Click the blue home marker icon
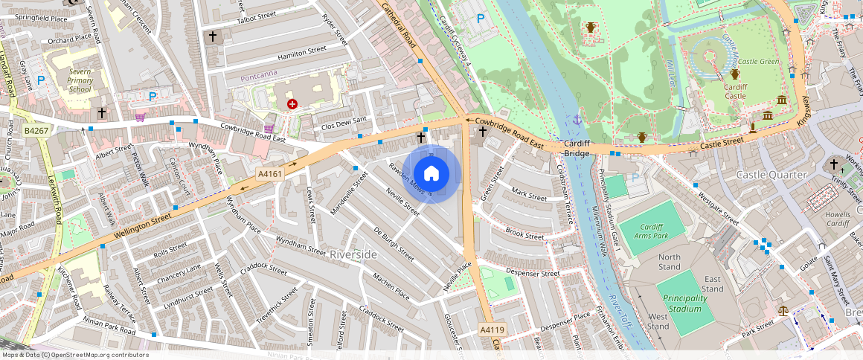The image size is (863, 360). pos(431,174)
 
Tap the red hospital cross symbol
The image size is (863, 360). pos(292,104)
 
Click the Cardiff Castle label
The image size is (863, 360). pos(735,91)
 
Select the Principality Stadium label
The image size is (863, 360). pos(683,303)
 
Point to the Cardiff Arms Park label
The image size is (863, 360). pos(649,231)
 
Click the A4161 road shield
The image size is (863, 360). pos(269,173)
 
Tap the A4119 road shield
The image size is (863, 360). pos(492,330)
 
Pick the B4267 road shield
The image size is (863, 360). pos(36,131)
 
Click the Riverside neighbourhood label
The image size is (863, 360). pos(353,254)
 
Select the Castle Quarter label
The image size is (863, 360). pos(771,174)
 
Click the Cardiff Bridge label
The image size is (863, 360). pos(577,148)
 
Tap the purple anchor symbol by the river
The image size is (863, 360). pos(577,119)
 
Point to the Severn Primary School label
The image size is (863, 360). pos(80,80)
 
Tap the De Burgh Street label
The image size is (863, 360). pos(393,243)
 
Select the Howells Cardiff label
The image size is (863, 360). pos(838,218)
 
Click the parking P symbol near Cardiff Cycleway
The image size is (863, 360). pos(481,19)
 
